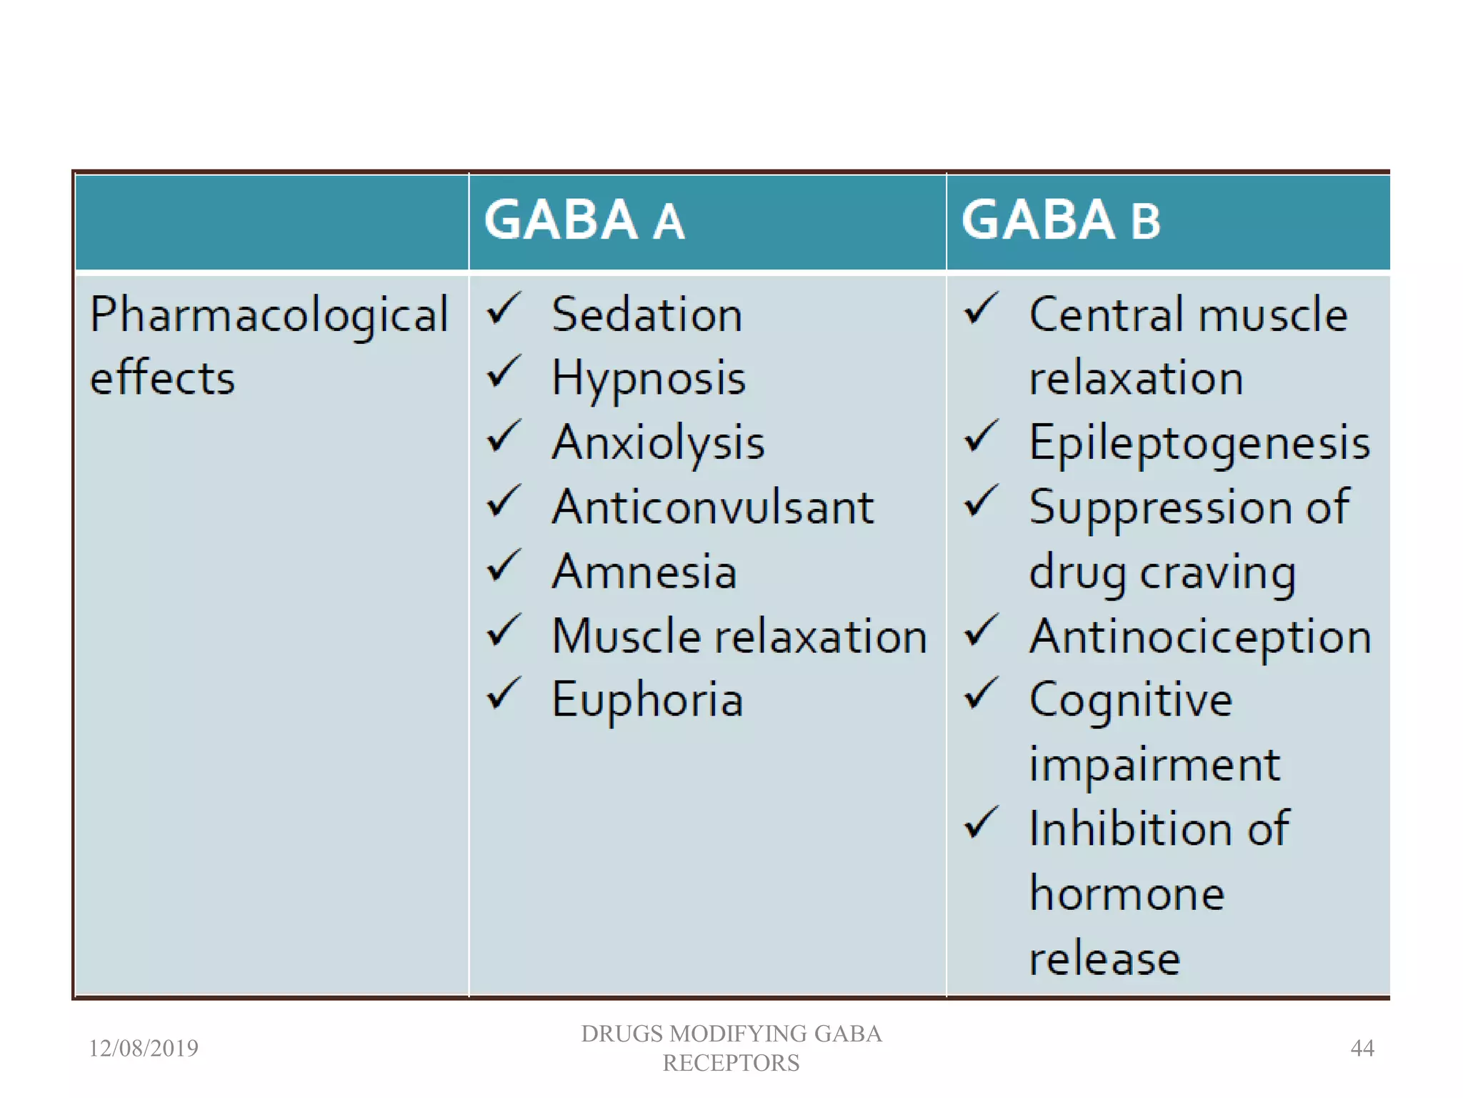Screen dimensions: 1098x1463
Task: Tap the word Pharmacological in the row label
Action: (269, 315)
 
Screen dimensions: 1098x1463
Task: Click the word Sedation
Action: (647, 315)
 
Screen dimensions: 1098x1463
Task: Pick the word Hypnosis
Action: (649, 379)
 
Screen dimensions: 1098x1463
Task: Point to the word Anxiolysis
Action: (658, 443)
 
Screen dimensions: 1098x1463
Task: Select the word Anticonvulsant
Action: (713, 508)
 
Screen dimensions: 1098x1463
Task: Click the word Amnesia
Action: (644, 572)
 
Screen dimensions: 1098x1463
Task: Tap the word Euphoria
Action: (647, 701)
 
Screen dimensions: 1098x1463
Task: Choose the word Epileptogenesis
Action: (1199, 443)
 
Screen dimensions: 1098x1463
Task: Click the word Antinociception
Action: (1200, 636)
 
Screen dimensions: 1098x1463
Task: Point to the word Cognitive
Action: (1131, 701)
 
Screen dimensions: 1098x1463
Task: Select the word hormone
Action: (1127, 894)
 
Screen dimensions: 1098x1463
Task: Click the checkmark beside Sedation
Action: (504, 309)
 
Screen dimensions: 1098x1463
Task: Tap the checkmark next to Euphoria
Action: (504, 694)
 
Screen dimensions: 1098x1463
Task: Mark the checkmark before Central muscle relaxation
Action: (982, 309)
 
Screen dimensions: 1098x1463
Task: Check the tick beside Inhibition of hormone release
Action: (982, 823)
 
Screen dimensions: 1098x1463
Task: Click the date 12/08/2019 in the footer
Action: (144, 1048)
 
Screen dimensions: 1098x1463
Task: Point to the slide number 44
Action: (1362, 1048)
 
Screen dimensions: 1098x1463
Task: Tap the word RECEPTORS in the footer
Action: (731, 1063)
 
